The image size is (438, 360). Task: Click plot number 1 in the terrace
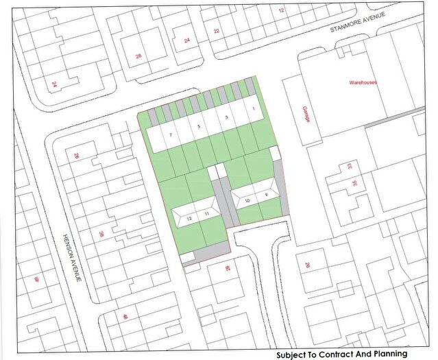pyautogui.click(x=253, y=110)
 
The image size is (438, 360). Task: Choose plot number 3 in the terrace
pyautogui.click(x=226, y=118)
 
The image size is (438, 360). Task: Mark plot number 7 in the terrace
pyautogui.click(x=170, y=135)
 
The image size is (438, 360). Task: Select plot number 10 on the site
pyautogui.click(x=247, y=200)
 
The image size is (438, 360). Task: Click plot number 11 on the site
pyautogui.click(x=206, y=215)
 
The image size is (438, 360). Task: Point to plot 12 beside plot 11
pyautogui.click(x=189, y=219)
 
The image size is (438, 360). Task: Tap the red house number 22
pyautogui.click(x=217, y=31)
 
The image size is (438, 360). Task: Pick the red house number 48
pyautogui.click(x=125, y=316)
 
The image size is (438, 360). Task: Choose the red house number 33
pyautogui.click(x=350, y=166)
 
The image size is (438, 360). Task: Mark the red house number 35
pyautogui.click(x=355, y=183)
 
